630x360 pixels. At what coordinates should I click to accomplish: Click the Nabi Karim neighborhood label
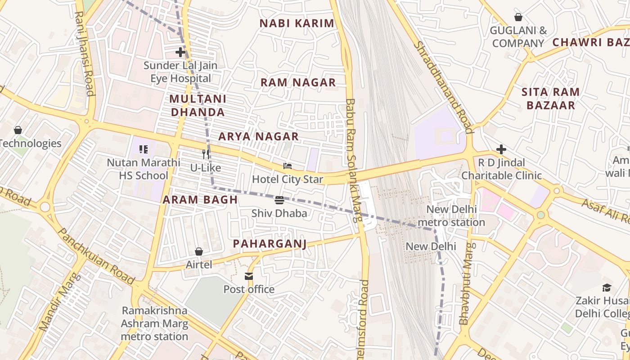point(297,23)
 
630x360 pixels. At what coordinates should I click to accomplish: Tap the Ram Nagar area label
point(298,82)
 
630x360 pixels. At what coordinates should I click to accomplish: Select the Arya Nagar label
point(258,136)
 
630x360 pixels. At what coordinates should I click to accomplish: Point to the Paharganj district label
point(270,244)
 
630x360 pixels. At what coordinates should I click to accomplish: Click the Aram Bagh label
point(200,200)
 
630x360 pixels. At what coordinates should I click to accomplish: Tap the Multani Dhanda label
point(198,105)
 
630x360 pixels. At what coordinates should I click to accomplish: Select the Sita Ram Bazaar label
point(550,99)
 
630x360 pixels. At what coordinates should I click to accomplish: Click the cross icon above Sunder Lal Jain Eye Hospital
point(180,52)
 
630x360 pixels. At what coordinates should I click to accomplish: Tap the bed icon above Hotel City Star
point(287,166)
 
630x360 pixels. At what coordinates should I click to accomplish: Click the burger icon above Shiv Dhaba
point(279,200)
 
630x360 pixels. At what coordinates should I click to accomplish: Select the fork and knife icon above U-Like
point(206,154)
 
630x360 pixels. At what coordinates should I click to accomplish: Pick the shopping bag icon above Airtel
point(199,251)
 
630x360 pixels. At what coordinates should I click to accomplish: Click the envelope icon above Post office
point(249,276)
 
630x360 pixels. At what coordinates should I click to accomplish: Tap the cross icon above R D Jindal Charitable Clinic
point(501,149)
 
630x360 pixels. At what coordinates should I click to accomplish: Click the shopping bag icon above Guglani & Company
point(518,17)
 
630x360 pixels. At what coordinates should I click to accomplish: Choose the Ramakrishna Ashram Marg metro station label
point(154,323)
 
